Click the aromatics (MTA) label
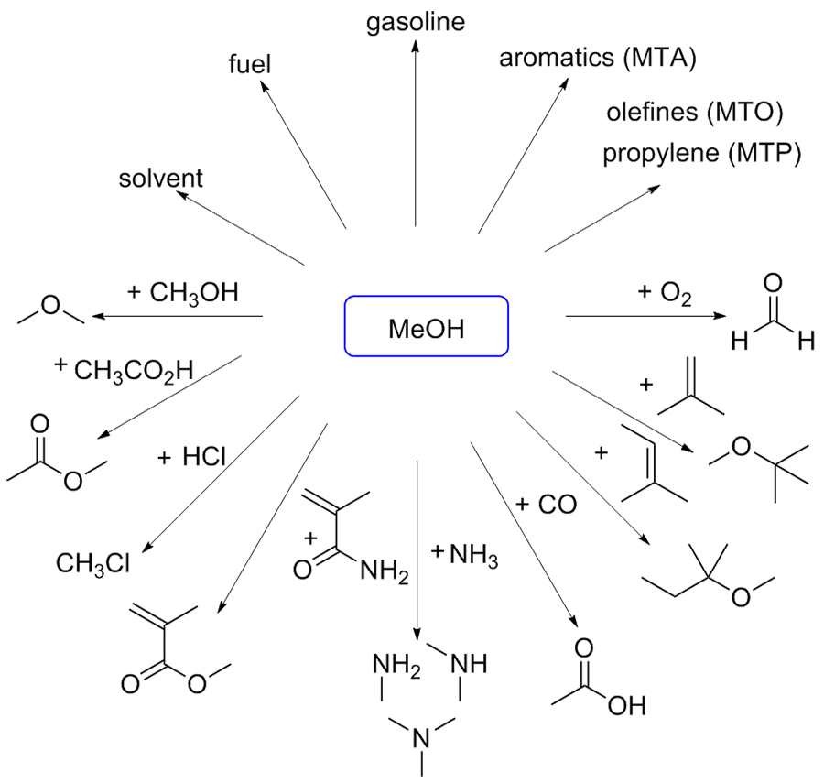click(x=598, y=59)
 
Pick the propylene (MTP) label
click(x=701, y=152)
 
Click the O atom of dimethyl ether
click(x=51, y=309)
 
